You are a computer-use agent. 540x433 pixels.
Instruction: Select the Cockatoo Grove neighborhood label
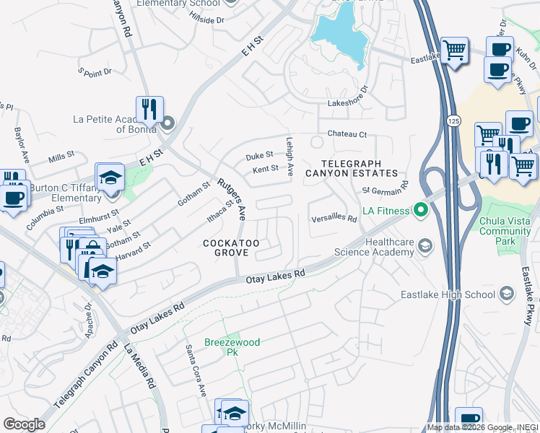coord(236,248)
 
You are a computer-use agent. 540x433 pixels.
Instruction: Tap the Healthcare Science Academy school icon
coord(425,248)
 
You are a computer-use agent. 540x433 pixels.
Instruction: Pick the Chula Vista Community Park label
coord(505,227)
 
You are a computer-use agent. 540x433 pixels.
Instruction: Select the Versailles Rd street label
coord(334,219)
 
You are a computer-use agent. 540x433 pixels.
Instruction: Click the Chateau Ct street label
coord(347,134)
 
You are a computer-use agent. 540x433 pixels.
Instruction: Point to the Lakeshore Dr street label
coord(348,103)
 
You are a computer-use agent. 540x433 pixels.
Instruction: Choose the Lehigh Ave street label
coord(290,157)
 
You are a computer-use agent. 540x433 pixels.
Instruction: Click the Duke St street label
coord(259,155)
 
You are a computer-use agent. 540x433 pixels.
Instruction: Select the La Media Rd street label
coord(141,368)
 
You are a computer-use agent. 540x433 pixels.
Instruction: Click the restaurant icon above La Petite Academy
coord(149,109)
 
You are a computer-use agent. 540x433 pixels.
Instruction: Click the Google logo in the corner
coord(24,424)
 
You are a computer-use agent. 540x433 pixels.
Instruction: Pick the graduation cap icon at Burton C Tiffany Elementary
coord(110,177)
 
